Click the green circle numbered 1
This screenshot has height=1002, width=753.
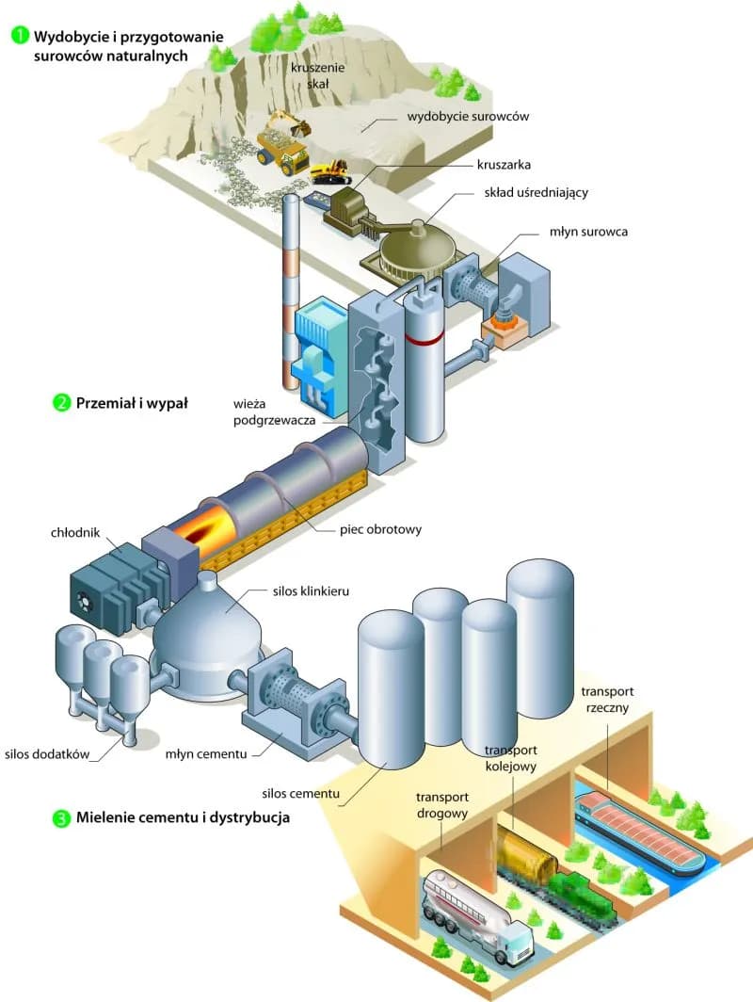point(19,37)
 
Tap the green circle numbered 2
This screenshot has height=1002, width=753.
point(61,403)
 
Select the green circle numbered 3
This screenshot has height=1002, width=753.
point(61,818)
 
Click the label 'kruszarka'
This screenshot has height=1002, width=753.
point(505,164)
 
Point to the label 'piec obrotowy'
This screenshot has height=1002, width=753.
point(380,529)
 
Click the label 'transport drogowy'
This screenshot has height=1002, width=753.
point(442,806)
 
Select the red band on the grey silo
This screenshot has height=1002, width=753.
point(425,333)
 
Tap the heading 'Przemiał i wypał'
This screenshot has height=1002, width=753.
point(133,403)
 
